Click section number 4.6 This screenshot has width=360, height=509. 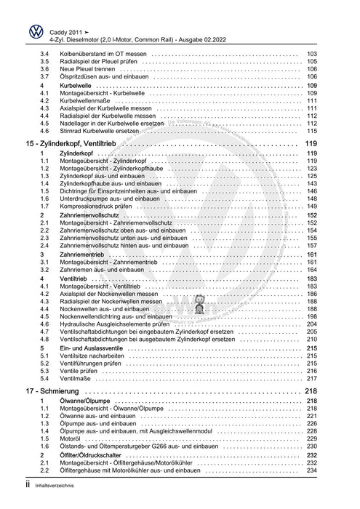[44, 131]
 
